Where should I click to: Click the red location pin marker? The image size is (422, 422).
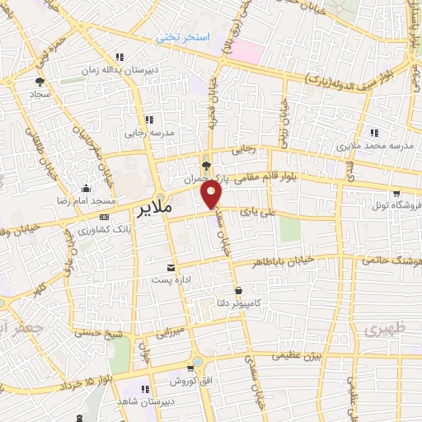pyautogui.click(x=212, y=195)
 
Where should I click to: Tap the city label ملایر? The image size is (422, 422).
pyautogui.click(x=152, y=208)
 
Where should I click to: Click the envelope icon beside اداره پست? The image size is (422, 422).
pyautogui.click(x=171, y=268)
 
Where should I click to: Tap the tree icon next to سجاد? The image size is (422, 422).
pyautogui.click(x=39, y=81)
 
